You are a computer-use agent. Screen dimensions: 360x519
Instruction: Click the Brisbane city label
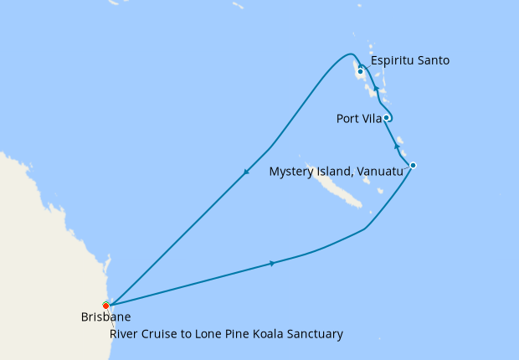click(105, 317)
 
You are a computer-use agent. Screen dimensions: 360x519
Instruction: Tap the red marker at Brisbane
click(105, 305)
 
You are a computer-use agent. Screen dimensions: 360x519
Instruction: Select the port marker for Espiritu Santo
click(360, 72)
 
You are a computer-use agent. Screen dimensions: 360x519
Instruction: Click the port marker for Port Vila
click(387, 118)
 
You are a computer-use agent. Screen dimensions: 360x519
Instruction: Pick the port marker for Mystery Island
click(413, 165)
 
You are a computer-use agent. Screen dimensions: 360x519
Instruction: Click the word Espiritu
click(394, 60)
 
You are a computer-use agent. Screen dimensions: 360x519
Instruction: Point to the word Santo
click(435, 60)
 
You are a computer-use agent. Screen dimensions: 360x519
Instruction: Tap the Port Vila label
click(359, 119)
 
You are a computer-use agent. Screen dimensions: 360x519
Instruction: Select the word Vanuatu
click(380, 172)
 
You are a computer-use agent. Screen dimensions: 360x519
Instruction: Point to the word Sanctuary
click(314, 334)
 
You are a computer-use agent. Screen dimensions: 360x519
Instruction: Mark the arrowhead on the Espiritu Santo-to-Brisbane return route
click(246, 173)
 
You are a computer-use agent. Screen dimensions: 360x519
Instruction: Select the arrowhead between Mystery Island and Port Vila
click(397, 146)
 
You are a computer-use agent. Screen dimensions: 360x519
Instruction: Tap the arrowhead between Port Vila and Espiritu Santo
click(376, 89)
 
